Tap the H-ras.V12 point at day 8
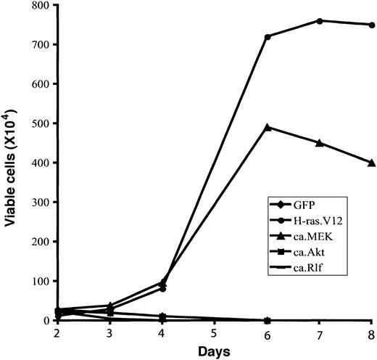(x=372, y=25)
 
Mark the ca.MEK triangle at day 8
(x=372, y=163)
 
